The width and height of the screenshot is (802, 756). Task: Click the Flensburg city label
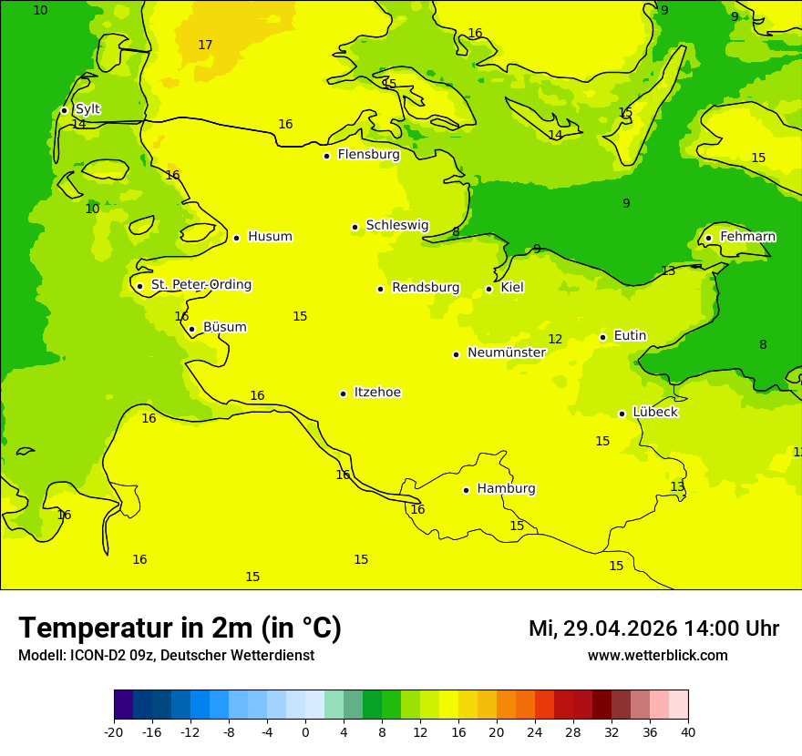click(368, 155)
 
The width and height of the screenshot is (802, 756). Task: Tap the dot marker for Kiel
click(489, 289)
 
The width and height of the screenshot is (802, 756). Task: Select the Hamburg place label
click(506, 489)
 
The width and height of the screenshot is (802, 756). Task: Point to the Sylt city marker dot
click(64, 110)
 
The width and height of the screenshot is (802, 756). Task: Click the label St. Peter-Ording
click(201, 285)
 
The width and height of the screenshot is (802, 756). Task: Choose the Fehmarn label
click(747, 237)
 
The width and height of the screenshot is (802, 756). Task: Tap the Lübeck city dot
click(622, 414)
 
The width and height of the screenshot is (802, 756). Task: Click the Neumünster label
click(506, 353)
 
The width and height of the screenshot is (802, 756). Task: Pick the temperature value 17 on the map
click(205, 45)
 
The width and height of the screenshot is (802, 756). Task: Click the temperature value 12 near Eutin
click(555, 340)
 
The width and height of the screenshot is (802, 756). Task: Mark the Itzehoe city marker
click(343, 393)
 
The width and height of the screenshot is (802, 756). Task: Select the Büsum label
click(224, 328)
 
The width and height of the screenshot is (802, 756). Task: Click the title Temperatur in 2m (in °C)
click(180, 628)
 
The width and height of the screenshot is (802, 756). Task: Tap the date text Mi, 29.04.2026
click(602, 628)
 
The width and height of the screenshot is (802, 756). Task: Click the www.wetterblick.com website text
click(657, 655)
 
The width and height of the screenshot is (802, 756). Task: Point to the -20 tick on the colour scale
click(114, 731)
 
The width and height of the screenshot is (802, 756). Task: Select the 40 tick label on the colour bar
click(688, 731)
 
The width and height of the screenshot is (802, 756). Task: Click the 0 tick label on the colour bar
click(305, 731)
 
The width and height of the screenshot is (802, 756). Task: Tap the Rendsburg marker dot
click(380, 289)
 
